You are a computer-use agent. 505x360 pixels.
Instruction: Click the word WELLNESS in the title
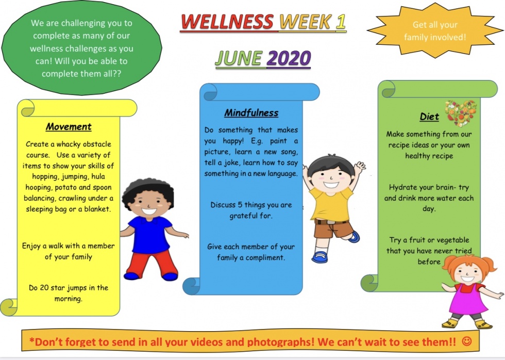point(227,22)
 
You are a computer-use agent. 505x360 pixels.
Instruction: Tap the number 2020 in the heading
point(289,58)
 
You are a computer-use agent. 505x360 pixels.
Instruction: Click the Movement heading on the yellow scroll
point(69,127)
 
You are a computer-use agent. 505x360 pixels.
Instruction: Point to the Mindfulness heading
point(251,113)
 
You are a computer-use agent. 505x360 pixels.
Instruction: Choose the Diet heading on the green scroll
point(429,117)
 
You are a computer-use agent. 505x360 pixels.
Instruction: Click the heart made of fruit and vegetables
point(461,113)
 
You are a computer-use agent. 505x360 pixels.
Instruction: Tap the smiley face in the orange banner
point(467,341)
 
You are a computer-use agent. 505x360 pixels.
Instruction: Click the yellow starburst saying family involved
point(435,30)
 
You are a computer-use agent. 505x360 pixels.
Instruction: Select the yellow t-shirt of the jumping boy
point(332,205)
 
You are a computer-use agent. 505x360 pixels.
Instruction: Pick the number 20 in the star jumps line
point(44,287)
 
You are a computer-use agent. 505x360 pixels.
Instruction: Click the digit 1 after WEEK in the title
point(341,22)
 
